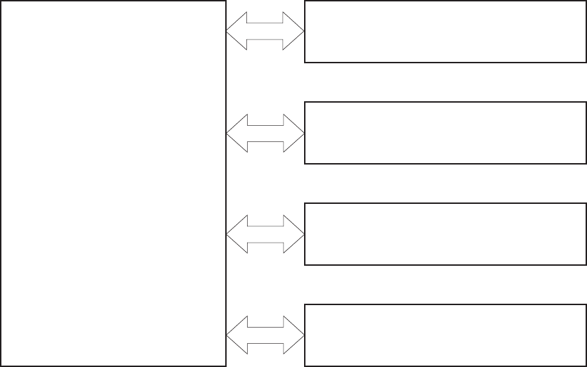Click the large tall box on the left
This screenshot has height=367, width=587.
point(113,183)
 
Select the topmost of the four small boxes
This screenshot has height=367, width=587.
point(445,32)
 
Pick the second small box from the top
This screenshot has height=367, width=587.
point(445,133)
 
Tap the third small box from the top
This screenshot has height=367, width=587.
point(445,234)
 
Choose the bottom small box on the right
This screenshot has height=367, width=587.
point(445,335)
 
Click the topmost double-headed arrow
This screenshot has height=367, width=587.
point(265,32)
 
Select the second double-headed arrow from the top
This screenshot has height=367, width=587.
point(265,133)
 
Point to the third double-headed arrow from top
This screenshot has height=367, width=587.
point(265,234)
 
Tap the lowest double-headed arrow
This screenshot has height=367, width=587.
point(265,334)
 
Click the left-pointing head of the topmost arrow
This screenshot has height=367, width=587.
point(236,32)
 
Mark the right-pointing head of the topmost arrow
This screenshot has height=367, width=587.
point(294,32)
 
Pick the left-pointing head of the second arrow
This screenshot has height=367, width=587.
point(236,133)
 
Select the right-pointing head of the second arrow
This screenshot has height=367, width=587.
point(294,133)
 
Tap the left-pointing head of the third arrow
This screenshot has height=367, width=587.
point(236,234)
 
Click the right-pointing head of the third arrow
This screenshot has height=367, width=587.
point(294,234)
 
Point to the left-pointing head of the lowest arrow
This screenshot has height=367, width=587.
point(236,334)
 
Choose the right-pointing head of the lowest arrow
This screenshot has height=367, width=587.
point(294,334)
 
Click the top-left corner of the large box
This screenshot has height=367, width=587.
point(1,1)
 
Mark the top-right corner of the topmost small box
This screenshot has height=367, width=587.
point(586,1)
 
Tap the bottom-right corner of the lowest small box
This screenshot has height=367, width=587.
point(586,366)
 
